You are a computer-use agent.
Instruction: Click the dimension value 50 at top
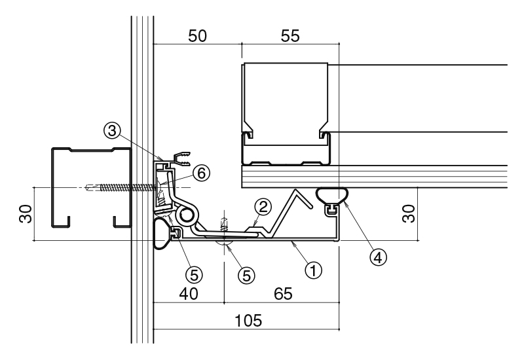tap(198, 36)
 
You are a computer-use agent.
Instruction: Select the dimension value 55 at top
tap(290, 36)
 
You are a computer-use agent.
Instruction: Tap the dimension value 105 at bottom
tap(248, 321)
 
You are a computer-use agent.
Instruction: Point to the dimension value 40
tap(189, 294)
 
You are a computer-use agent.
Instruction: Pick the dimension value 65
tap(284, 294)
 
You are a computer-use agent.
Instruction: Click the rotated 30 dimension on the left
tap(26, 214)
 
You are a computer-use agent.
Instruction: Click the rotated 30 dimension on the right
tap(408, 214)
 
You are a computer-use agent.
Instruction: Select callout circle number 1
tap(314, 270)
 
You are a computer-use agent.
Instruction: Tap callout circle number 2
tap(263, 207)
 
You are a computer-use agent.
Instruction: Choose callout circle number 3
tap(112, 130)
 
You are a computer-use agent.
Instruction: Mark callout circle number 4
tap(378, 257)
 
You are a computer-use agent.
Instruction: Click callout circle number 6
tap(202, 173)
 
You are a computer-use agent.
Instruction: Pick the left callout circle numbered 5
tap(194, 275)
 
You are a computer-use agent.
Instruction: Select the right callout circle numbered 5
tap(246, 276)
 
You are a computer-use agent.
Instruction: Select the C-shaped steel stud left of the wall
tap(91, 187)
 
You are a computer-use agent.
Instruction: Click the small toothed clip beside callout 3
tap(181, 158)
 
